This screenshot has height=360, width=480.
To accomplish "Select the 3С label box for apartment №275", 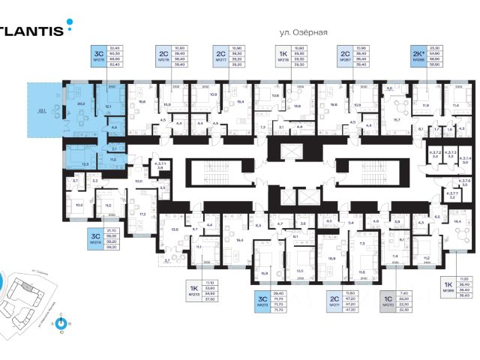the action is (98, 54).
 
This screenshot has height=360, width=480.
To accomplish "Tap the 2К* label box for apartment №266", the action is (416, 54).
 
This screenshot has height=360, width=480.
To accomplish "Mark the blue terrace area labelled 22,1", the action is (41, 112).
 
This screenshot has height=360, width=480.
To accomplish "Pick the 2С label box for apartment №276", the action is (163, 54).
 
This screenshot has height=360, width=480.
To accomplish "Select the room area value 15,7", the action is (397, 119).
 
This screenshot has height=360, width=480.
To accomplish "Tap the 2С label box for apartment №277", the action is (220, 54).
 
